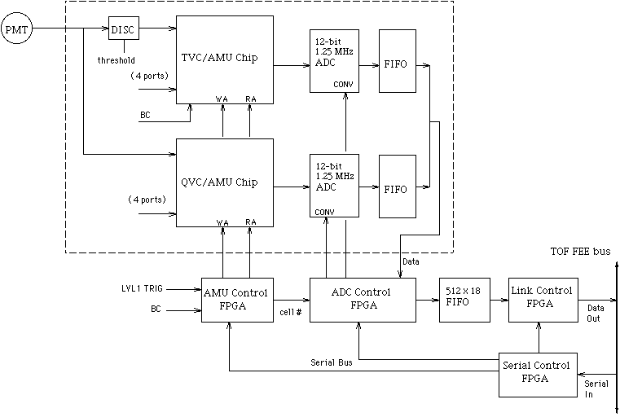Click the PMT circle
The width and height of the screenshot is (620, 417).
click(x=16, y=31)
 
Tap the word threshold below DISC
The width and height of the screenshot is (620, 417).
click(x=117, y=59)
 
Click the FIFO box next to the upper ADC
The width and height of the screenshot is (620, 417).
click(x=397, y=61)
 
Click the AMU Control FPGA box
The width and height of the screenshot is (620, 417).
click(x=237, y=300)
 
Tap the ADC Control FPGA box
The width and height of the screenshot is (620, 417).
click(x=362, y=300)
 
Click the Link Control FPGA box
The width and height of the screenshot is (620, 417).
click(x=541, y=297)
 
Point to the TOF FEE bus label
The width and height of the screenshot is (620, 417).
click(x=579, y=252)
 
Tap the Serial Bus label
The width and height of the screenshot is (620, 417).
click(x=332, y=362)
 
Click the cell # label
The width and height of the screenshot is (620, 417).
click(x=290, y=312)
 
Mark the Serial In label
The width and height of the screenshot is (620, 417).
click(x=596, y=388)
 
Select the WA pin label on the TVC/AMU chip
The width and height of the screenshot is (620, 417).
click(x=222, y=99)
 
